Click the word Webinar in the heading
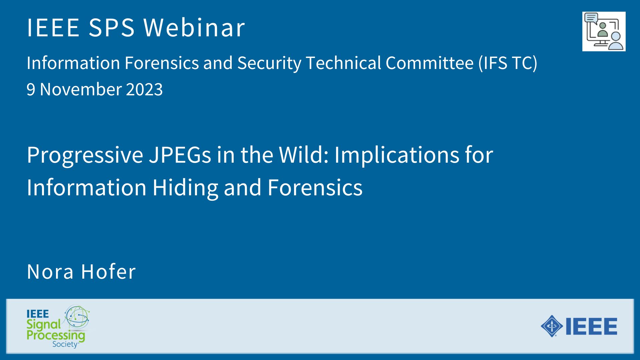pyautogui.click(x=194, y=27)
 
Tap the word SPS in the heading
pyautogui.click(x=112, y=27)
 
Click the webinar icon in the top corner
pyautogui.click(x=604, y=31)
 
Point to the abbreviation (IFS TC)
pyautogui.click(x=508, y=63)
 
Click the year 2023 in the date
pyautogui.click(x=144, y=89)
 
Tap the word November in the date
pyautogui.click(x=81, y=89)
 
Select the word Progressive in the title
pyautogui.click(x=85, y=155)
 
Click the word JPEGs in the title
pyautogui.click(x=180, y=155)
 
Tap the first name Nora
pyautogui.click(x=50, y=271)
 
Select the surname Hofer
pyautogui.click(x=108, y=271)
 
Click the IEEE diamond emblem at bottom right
pyautogui.click(x=552, y=326)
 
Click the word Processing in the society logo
pyautogui.click(x=56, y=335)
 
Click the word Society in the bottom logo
pyautogui.click(x=65, y=344)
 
